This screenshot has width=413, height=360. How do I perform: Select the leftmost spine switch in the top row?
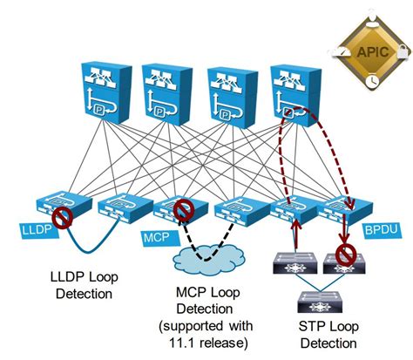click(x=104, y=91)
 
